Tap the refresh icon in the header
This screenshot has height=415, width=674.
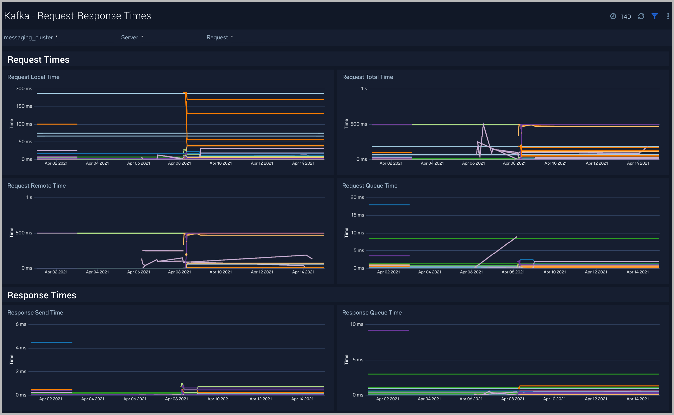pyautogui.click(x=641, y=16)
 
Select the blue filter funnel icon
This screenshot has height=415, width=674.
pyautogui.click(x=655, y=16)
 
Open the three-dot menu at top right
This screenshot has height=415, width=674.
pyautogui.click(x=668, y=16)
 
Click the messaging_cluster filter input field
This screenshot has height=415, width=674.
pyautogui.click(x=84, y=38)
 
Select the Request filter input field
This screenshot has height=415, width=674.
pyautogui.click(x=260, y=38)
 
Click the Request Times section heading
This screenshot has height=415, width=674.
pyautogui.click(x=38, y=59)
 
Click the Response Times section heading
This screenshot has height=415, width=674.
pyautogui.click(x=42, y=295)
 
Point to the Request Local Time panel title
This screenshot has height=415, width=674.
pyautogui.click(x=33, y=77)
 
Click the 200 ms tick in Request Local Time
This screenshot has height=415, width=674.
pyautogui.click(x=24, y=89)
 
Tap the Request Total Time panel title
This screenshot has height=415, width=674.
pyautogui.click(x=367, y=77)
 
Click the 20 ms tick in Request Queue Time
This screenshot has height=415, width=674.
pyautogui.click(x=357, y=197)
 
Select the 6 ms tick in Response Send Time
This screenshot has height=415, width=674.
pyautogui.click(x=21, y=324)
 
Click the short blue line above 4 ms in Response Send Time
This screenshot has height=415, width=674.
pyautogui.click(x=51, y=342)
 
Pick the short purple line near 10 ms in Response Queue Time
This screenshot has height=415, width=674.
pyautogui.click(x=388, y=330)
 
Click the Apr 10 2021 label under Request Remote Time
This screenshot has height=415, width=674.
pyautogui.click(x=220, y=272)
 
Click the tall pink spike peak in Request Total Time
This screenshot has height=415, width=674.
pyautogui.click(x=483, y=123)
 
